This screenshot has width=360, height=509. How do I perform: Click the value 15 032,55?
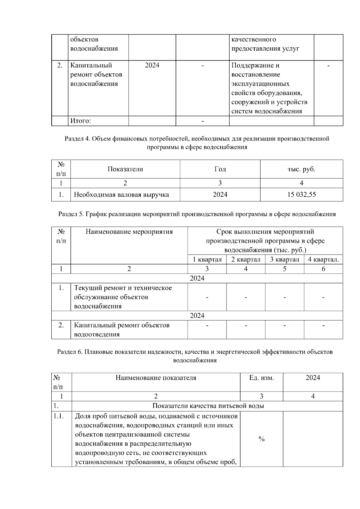coord(301,195)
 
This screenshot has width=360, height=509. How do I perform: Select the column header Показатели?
coord(125,169)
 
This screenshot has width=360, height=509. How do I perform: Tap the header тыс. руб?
coord(301,169)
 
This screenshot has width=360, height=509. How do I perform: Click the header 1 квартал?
coord(207,259)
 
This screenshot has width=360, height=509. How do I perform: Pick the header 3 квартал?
coord(284,259)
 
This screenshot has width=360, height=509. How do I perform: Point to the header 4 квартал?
coord(323,259)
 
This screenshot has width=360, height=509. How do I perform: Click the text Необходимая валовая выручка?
coord(121,195)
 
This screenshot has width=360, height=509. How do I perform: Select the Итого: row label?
coord(80,121)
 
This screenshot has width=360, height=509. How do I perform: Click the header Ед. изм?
coord(261,378)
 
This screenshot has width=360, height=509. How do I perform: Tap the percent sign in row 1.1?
coord(261,439)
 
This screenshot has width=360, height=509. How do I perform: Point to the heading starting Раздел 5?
coord(197,214)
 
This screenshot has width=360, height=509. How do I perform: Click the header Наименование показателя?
coord(156,378)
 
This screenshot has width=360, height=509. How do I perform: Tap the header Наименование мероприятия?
coord(129,232)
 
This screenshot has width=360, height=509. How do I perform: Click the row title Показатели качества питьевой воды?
coord(208,406)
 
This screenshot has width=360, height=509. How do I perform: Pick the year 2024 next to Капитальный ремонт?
coord(152,65)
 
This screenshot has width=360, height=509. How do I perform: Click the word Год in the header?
coord(220,169)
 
